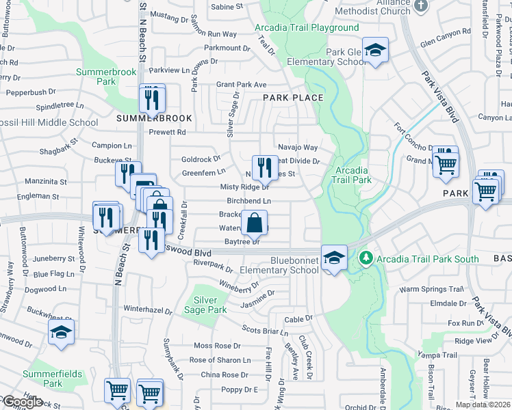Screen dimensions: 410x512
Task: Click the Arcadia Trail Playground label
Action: point(306,27)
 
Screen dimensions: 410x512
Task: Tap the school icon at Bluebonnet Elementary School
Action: point(333,257)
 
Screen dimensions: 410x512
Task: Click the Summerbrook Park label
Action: point(97,76)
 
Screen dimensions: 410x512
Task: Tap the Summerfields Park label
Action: point(52,379)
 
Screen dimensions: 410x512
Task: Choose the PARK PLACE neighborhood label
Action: point(293,98)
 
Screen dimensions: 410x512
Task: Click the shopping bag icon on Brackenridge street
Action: point(254,222)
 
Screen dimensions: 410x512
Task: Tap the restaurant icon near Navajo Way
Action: point(264,167)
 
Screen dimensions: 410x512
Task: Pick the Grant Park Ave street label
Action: point(241,85)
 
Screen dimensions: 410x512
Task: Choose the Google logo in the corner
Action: point(22,402)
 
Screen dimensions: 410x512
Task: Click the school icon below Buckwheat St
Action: point(61,333)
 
